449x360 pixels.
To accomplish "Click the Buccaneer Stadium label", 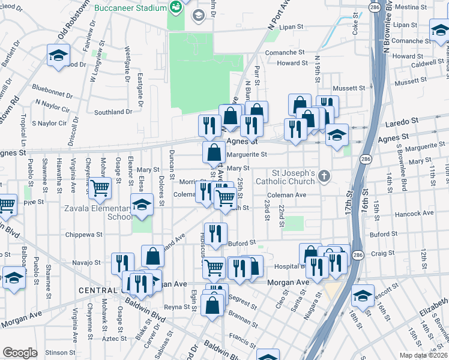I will pyautogui.click(x=130, y=8).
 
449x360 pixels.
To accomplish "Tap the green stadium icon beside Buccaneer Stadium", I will pyautogui.click(x=176, y=8).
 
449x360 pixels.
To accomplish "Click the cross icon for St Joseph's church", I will pyautogui.click(x=324, y=176).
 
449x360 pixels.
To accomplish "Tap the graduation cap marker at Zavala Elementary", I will pyautogui.click(x=142, y=206).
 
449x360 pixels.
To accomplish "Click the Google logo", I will pyautogui.click(x=20, y=352).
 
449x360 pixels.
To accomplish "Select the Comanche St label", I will pyautogui.click(x=286, y=53).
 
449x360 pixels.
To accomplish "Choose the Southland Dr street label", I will pyautogui.click(x=113, y=112).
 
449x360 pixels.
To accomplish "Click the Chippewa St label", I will pyautogui.click(x=83, y=235).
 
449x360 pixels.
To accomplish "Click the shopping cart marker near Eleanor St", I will pyautogui.click(x=100, y=188).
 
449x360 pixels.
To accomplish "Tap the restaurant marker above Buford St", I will pyautogui.click(x=215, y=233).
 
